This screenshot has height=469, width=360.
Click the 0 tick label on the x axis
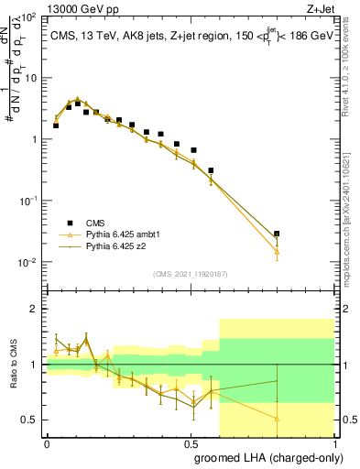[47, 442]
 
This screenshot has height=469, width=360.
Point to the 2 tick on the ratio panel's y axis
[34, 309]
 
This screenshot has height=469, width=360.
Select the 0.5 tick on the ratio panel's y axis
[29, 420]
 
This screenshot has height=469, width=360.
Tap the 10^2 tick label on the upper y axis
[27, 17]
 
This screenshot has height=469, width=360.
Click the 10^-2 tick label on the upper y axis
[27, 263]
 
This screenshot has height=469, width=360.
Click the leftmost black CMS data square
[56, 125]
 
